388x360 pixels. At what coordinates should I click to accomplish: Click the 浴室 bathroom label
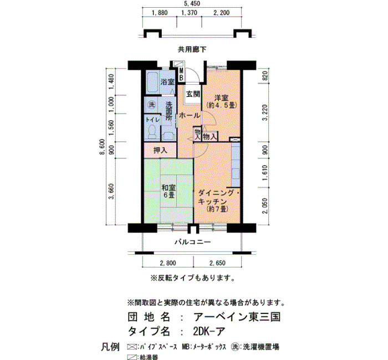click(167, 82)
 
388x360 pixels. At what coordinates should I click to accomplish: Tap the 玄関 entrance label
click(193, 94)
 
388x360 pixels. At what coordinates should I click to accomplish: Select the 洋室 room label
click(222, 98)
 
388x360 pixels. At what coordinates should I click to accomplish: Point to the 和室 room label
click(169, 188)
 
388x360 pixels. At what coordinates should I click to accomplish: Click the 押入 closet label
click(160, 150)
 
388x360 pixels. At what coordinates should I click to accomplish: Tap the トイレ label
click(153, 120)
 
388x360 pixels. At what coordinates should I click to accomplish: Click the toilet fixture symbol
click(152, 132)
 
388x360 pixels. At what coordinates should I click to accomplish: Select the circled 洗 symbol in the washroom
click(151, 105)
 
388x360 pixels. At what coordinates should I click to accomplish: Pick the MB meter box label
click(181, 75)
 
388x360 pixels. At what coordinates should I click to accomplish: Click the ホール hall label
click(190, 115)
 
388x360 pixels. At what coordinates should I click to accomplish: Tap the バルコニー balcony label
click(193, 242)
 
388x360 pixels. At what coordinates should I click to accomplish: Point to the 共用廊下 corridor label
click(192, 50)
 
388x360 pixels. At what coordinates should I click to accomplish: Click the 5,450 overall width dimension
click(192, 4)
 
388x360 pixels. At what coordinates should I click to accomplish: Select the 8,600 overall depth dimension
click(102, 147)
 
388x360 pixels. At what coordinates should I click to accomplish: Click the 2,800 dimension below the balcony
click(168, 263)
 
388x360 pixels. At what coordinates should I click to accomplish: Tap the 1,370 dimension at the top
click(190, 13)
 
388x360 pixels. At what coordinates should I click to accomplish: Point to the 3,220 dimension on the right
click(265, 112)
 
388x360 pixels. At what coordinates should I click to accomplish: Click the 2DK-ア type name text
click(209, 331)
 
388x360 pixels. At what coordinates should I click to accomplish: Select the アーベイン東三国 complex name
click(237, 317)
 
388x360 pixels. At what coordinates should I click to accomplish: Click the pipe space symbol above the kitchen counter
click(235, 140)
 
